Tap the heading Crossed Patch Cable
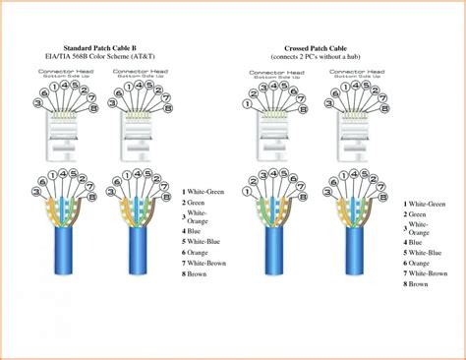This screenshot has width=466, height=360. (x=316, y=46)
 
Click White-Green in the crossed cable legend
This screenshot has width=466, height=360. (x=429, y=204)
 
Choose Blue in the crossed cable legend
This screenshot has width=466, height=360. (x=416, y=242)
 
